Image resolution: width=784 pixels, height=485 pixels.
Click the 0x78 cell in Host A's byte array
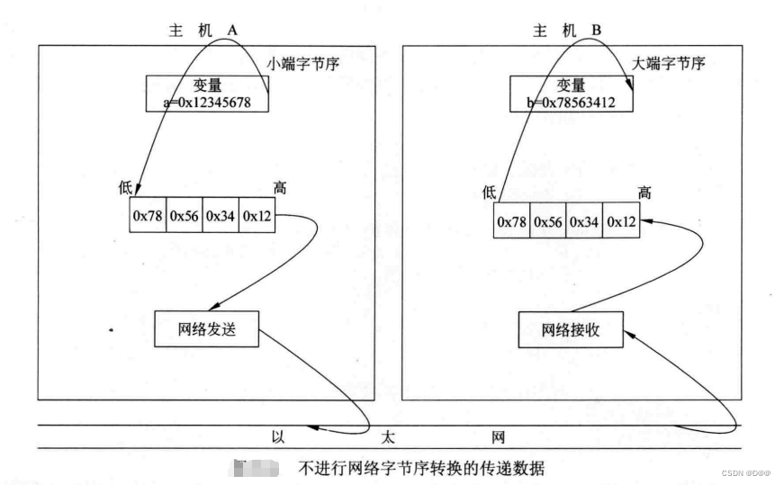point(148,216)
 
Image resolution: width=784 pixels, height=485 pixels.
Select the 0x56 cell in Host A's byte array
point(185,216)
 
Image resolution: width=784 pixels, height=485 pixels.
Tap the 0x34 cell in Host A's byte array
point(221,216)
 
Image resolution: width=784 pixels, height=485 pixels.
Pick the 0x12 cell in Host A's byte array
point(257,216)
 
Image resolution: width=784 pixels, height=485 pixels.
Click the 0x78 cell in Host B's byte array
point(512,221)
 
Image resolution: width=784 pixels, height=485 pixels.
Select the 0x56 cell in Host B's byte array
point(548,221)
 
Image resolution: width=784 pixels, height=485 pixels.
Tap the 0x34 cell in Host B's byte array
point(585,221)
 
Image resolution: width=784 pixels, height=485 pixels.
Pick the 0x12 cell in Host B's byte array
point(622,221)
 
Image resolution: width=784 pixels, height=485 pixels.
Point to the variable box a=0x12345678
point(207,94)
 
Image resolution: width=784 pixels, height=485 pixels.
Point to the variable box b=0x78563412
point(572,94)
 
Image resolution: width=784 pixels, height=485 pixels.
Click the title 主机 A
point(203,30)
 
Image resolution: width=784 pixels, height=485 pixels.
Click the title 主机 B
point(567,30)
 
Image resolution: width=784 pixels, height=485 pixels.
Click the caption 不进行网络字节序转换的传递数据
point(423,468)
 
